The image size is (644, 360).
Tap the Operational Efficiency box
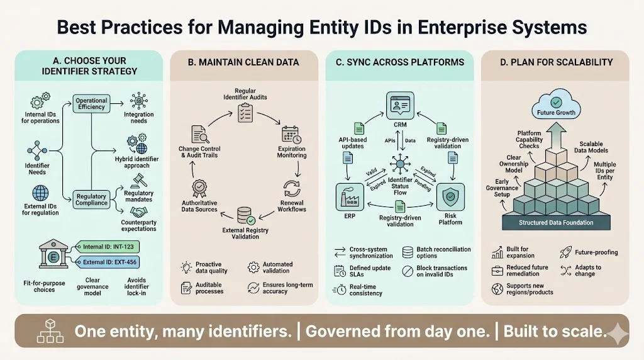[x=92, y=104]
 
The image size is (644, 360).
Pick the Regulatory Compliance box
[x=92, y=200]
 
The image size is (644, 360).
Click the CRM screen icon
[x=400, y=104]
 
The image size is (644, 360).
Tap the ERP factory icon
[x=351, y=196]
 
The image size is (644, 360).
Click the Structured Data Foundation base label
[x=555, y=223]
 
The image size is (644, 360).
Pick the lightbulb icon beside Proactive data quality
[x=186, y=266]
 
